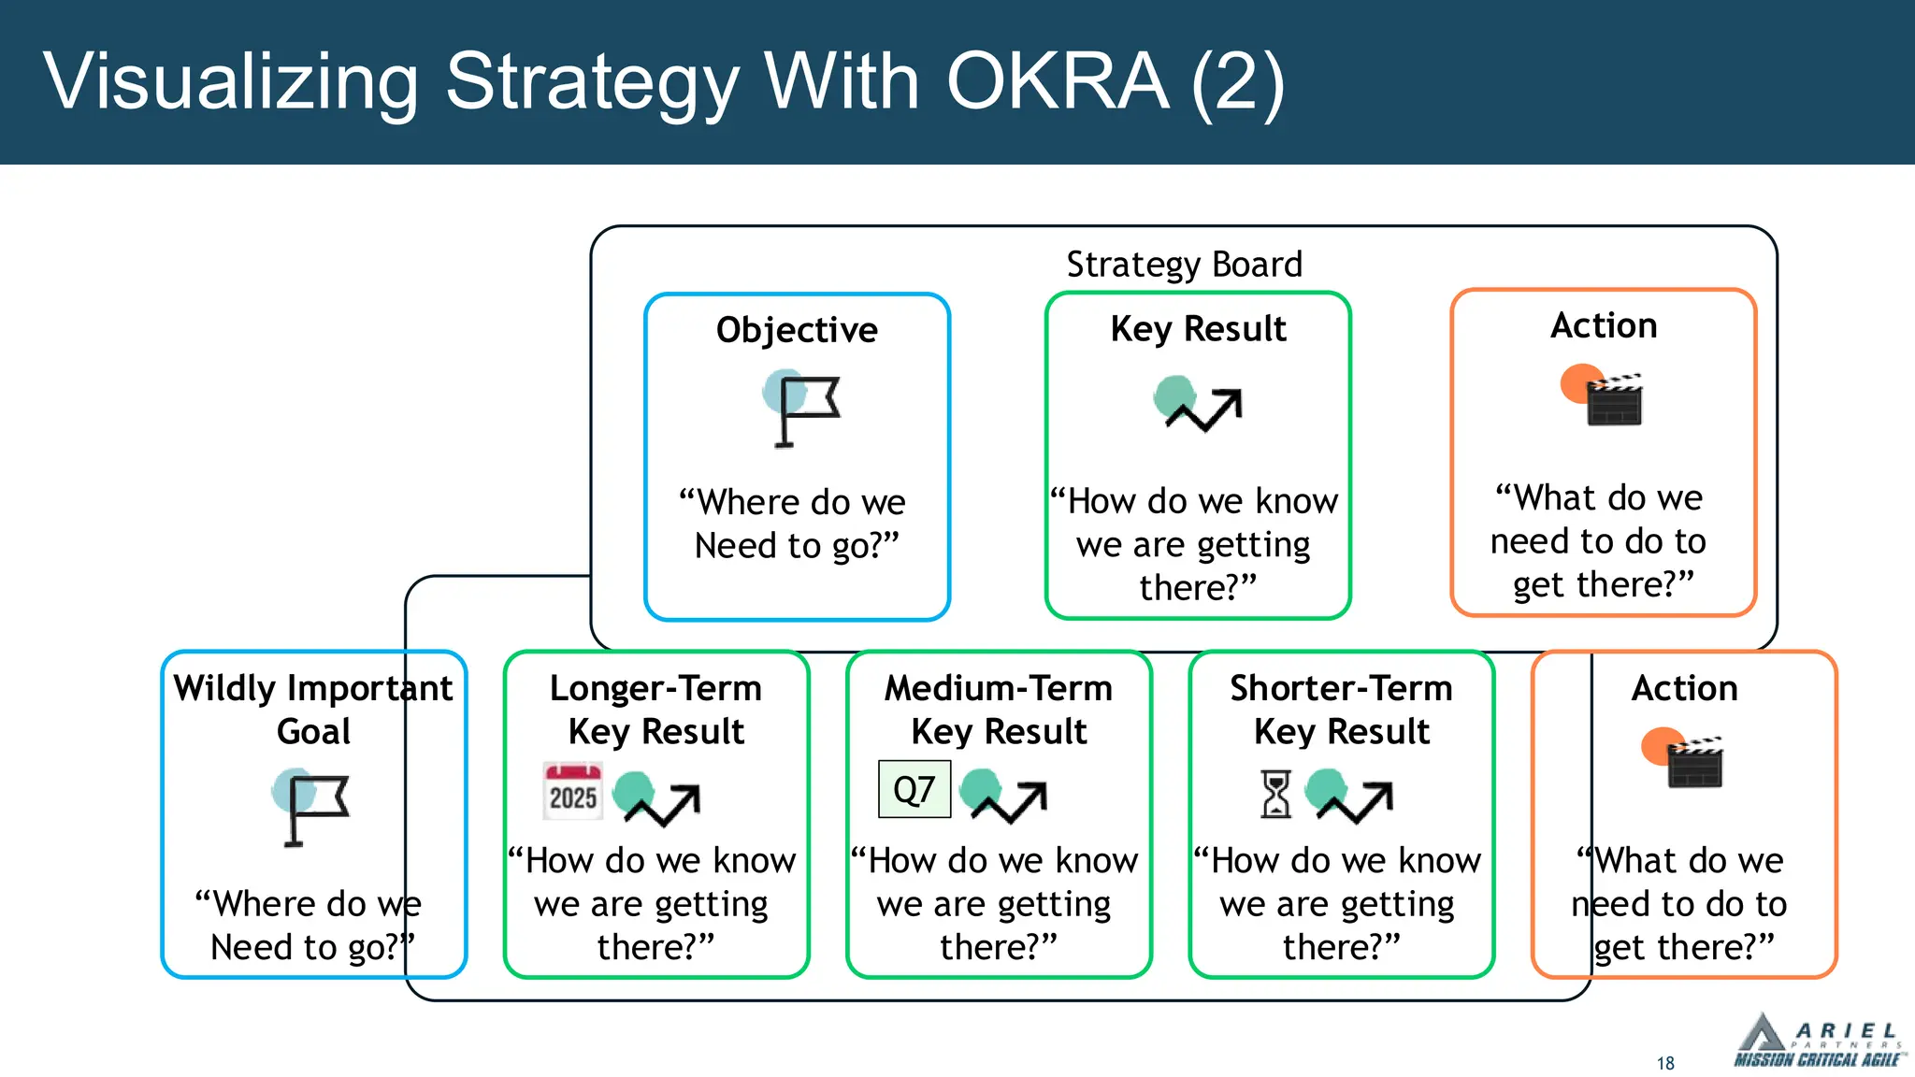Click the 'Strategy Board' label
(x=1184, y=265)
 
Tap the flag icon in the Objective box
(x=802, y=409)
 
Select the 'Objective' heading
(x=797, y=330)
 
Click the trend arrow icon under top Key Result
(x=1199, y=404)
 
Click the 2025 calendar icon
(x=572, y=792)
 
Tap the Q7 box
(x=914, y=790)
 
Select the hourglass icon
(x=1275, y=794)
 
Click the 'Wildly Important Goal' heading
(x=313, y=710)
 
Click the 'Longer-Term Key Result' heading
(x=655, y=710)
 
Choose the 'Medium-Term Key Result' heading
(x=999, y=710)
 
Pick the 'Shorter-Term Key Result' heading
(x=1341, y=710)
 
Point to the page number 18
(x=1665, y=1063)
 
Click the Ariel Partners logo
(x=1816, y=1041)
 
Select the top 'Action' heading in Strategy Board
(x=1604, y=325)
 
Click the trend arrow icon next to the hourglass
(x=1352, y=796)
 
